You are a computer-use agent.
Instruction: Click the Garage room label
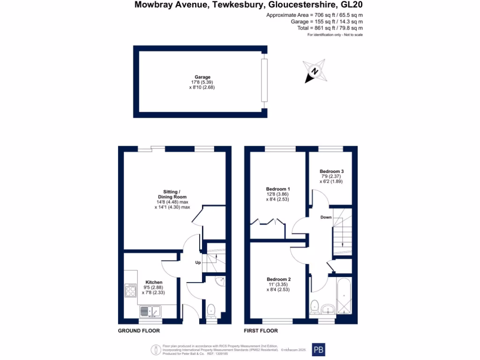[202, 77]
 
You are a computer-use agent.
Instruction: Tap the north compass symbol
[314, 72]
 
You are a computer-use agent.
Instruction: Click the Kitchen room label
[154, 282]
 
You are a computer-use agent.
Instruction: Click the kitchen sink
[150, 311]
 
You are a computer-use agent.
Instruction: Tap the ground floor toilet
[211, 310]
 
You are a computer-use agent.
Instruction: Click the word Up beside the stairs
[198, 262]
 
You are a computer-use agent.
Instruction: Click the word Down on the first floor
[326, 217]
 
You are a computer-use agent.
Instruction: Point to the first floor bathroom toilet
[314, 306]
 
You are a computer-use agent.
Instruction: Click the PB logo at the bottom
[318, 349]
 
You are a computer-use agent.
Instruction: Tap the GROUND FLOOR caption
[139, 330]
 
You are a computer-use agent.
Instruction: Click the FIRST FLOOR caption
[261, 330]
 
